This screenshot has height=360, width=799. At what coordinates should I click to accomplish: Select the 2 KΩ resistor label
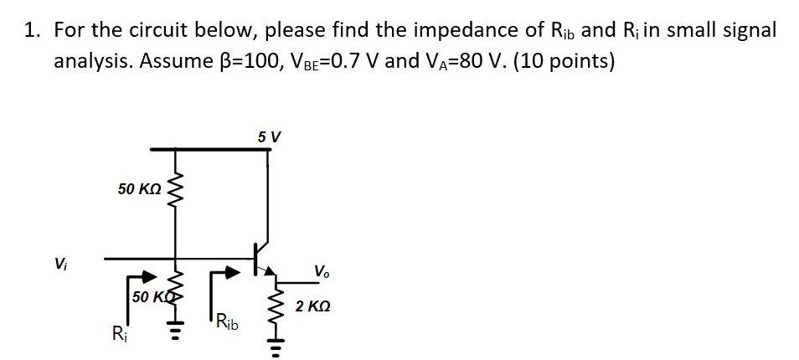coord(313,307)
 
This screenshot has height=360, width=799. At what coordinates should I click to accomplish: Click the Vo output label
coord(322,271)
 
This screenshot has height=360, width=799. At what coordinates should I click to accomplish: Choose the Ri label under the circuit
coord(119,335)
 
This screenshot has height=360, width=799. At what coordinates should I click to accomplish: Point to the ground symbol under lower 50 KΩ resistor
coord(174,322)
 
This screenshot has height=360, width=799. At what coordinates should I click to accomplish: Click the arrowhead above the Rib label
coord(234,271)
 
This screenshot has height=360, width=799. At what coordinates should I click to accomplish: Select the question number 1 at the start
coord(33,31)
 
